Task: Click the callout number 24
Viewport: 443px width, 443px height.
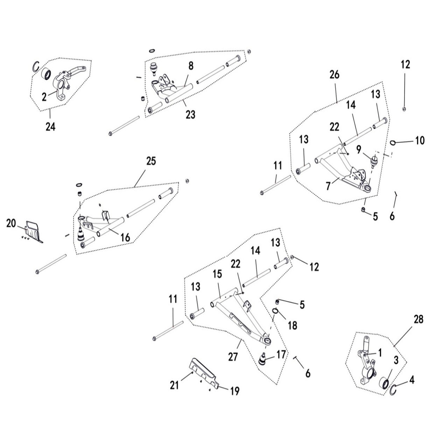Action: pyautogui.click(x=50, y=127)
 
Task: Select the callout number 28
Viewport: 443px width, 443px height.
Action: pyautogui.click(x=418, y=319)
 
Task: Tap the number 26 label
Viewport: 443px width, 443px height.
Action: pyautogui.click(x=334, y=75)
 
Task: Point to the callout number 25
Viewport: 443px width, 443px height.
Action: pyautogui.click(x=151, y=161)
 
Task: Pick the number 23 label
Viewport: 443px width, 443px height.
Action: pyautogui.click(x=190, y=114)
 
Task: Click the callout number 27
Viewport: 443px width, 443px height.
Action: pyautogui.click(x=233, y=357)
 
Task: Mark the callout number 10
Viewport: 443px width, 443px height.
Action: pyautogui.click(x=420, y=141)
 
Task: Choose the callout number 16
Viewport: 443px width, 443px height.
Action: pyautogui.click(x=125, y=238)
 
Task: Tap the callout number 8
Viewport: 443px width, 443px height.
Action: pyautogui.click(x=191, y=65)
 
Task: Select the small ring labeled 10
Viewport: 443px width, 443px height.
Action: pyautogui.click(x=393, y=142)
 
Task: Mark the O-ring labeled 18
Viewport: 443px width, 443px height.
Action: pyautogui.click(x=275, y=311)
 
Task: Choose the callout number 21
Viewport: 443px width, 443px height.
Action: pyautogui.click(x=174, y=385)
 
